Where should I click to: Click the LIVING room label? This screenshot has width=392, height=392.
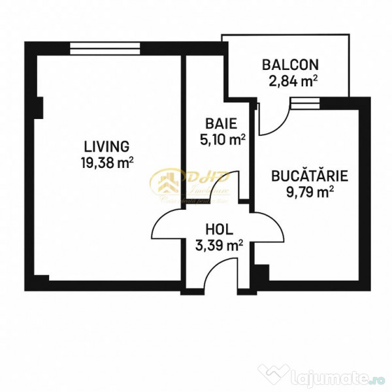106,146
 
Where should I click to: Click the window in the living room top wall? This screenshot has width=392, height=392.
105,46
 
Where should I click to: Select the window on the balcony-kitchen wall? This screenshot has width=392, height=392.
306,102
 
